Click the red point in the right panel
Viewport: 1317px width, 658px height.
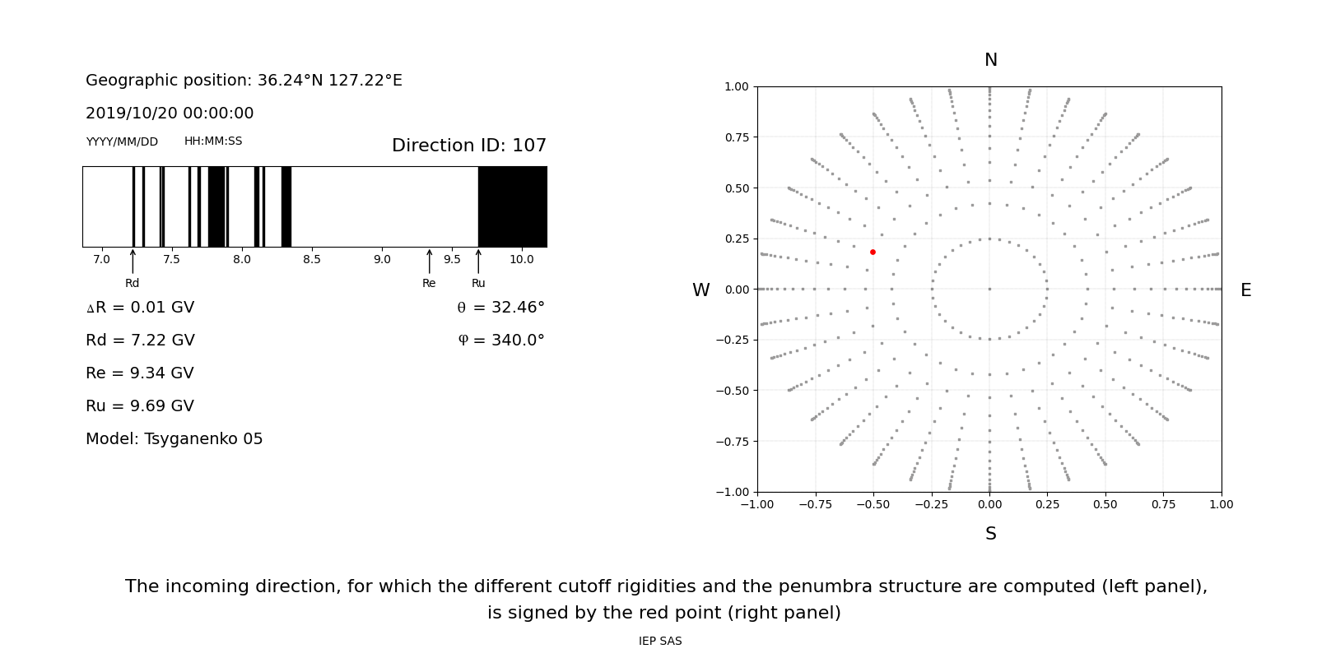(873, 252)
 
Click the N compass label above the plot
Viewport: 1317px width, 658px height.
(990, 60)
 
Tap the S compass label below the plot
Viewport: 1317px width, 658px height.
(990, 534)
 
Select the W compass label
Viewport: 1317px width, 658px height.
(700, 290)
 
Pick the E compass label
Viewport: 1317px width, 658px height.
(1245, 290)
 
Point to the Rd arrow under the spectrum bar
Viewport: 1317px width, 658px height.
(133, 261)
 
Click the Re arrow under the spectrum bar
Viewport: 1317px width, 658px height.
(429, 261)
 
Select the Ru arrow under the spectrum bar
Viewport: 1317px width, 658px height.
(478, 261)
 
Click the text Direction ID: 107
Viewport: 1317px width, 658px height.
(468, 146)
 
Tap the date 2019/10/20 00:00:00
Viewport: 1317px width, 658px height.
(170, 114)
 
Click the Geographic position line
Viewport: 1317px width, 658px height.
(244, 81)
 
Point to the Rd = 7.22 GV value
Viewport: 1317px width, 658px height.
(140, 341)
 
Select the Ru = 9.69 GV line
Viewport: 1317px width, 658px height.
(140, 406)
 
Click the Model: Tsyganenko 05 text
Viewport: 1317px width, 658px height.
(174, 439)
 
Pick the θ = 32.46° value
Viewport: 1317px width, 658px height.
(500, 308)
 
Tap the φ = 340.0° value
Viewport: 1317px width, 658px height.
(500, 341)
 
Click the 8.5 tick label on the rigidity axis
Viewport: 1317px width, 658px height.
(311, 260)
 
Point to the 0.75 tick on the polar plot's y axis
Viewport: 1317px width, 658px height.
(736, 137)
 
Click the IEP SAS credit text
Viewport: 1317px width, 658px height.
(659, 642)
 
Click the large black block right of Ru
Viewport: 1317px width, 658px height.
(512, 206)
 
